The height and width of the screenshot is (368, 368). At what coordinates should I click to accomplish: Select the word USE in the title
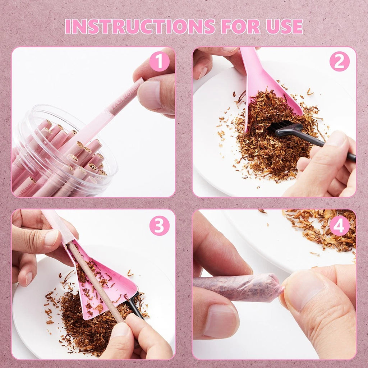(284, 26)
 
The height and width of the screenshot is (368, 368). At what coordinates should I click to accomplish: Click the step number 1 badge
(159, 61)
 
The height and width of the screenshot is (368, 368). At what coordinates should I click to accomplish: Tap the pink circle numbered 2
(339, 61)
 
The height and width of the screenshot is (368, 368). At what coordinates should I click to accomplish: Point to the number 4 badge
(339, 226)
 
